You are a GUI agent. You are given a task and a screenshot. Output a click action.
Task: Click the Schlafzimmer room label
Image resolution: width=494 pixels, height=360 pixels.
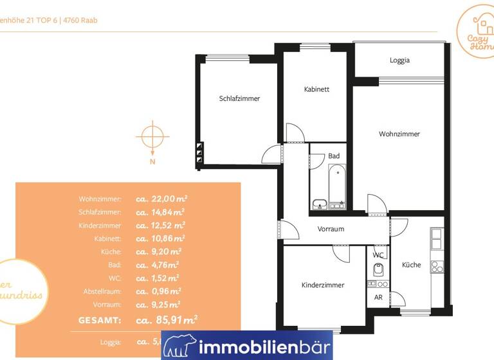click(239, 98)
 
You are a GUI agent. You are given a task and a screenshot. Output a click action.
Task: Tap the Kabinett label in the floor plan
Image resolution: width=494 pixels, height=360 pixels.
click(316, 89)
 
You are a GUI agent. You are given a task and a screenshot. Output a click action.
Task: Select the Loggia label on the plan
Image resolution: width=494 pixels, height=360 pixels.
click(399, 60)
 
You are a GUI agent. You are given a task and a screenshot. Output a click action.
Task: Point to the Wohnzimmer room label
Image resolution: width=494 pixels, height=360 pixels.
click(399, 134)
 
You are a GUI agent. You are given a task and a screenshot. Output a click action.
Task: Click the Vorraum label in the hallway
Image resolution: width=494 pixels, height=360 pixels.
click(331, 229)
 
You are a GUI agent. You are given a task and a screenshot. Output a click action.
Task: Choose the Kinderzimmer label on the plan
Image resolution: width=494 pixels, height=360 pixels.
click(323, 285)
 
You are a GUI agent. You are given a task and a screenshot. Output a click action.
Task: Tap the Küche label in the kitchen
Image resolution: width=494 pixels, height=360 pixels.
click(411, 265)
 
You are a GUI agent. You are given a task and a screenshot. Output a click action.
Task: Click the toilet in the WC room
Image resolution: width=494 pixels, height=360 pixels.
click(378, 269)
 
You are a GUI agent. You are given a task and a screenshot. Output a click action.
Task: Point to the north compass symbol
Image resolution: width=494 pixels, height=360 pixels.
click(152, 138)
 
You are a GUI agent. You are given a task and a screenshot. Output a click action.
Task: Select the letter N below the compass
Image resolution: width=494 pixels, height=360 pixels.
click(152, 162)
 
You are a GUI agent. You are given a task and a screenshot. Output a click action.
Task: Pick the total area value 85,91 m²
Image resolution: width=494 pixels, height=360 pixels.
click(172, 319)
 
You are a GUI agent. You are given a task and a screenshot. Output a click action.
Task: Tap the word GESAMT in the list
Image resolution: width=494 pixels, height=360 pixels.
click(99, 319)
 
